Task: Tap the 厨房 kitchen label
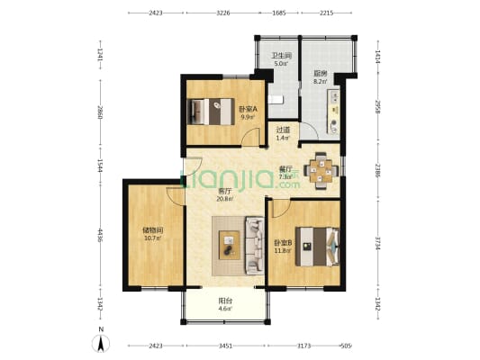(320, 74)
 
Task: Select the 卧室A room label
(248, 109)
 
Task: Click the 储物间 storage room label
(151, 229)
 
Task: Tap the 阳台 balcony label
(224, 301)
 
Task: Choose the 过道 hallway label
(282, 130)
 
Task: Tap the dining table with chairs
(322, 166)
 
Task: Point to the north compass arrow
(101, 343)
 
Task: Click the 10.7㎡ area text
(151, 238)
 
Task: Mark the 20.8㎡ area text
(224, 199)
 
